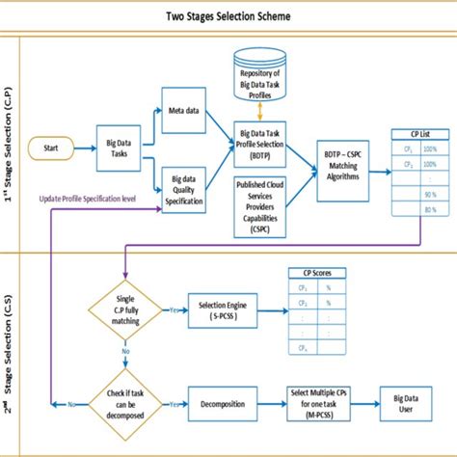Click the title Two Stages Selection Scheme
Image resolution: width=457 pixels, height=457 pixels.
pyautogui.click(x=228, y=17)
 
